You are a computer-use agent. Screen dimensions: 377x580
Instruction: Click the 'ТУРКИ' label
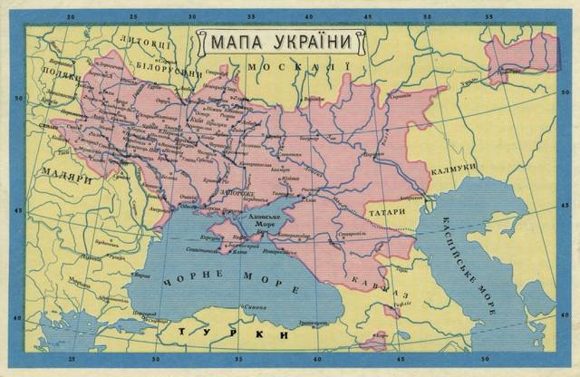point(233,335)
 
